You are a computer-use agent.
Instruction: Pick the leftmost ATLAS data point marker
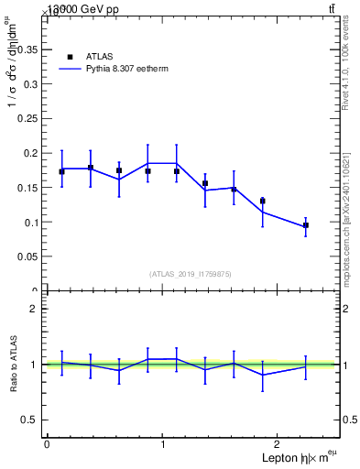61,171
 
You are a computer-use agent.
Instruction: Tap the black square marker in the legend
70,56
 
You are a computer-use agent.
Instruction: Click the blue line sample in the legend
70,68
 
